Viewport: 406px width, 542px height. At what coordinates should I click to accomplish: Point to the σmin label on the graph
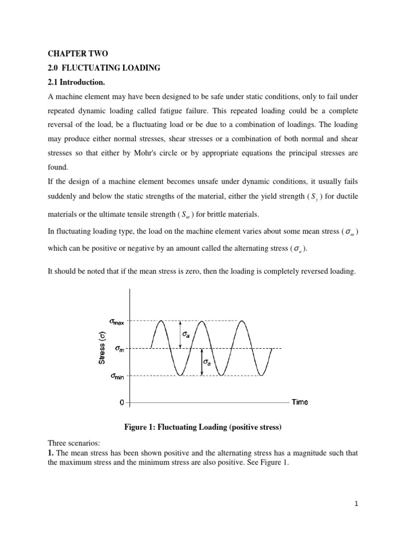point(117,376)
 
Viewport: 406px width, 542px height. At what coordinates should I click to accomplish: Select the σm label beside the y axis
point(117,348)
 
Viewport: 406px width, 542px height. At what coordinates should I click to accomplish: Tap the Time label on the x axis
point(300,402)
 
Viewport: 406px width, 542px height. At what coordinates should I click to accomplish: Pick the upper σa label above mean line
point(187,335)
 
